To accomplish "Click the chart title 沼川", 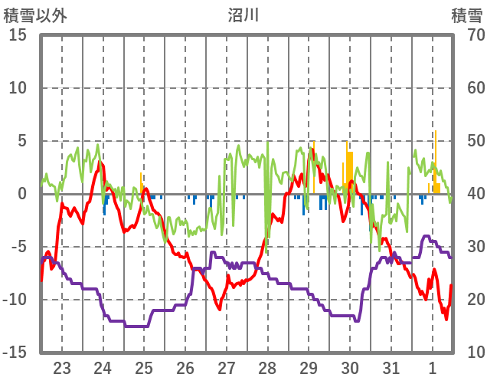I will [x=244, y=15].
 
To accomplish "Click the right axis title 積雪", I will [x=466, y=15].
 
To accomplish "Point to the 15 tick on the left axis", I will [x=18, y=35].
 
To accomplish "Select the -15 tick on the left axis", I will [x=15, y=353].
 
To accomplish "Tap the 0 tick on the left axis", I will [x=22, y=194].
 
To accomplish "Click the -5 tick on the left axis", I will [x=18, y=247].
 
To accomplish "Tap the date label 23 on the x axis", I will [x=62, y=366].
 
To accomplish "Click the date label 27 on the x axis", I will [x=226, y=366].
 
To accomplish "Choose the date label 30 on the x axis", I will [x=350, y=366].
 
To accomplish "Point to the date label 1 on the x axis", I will [x=433, y=366].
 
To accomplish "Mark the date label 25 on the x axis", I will [x=144, y=366].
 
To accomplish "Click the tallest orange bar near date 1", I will [x=436, y=161].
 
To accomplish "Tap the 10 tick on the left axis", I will [x=18, y=88].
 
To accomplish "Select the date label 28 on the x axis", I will [x=267, y=366].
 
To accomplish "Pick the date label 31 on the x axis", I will [x=391, y=366].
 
